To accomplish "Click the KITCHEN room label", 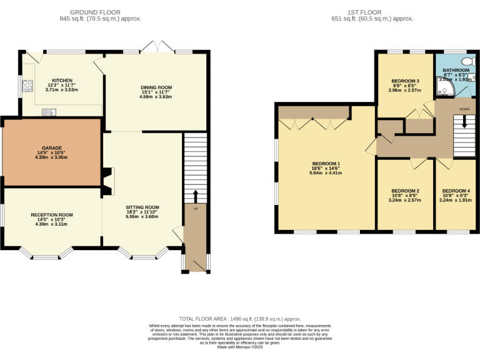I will click(x=62, y=81).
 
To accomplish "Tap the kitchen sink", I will click(x=49, y=112).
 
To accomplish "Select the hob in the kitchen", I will click(x=27, y=86).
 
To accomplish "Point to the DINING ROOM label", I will click(x=156, y=87).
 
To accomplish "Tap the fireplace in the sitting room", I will click(x=107, y=181).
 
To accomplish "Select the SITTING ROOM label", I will click(x=142, y=207).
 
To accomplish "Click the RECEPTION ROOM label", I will click(x=52, y=214).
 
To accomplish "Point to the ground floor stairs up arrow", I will click(x=195, y=195).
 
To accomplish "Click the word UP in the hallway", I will click(x=195, y=208).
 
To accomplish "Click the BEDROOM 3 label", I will click(x=405, y=81).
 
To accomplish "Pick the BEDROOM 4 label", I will click(x=456, y=191).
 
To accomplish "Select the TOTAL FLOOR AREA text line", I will click(x=240, y=318).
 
